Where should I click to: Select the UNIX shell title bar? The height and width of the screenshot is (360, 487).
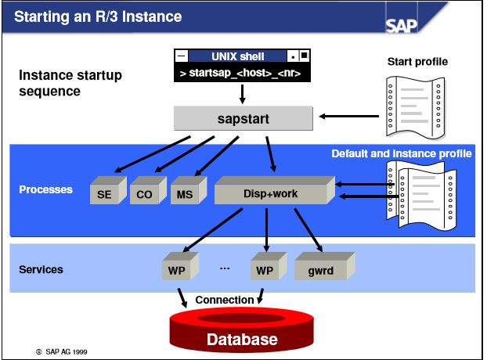point(242,56)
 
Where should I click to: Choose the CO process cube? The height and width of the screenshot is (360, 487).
point(145,192)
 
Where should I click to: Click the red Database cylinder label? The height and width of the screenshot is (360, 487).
point(241,339)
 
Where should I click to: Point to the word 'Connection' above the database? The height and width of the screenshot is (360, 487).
point(225,300)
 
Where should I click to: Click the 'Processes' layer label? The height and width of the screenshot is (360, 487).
point(45,189)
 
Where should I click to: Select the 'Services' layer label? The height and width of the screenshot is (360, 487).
point(41,269)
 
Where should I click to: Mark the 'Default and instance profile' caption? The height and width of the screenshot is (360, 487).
point(402,153)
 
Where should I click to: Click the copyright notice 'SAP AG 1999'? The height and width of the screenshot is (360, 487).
point(62,352)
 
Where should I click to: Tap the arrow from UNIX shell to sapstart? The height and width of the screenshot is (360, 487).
point(242,95)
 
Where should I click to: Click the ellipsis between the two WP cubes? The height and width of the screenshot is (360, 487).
point(225,268)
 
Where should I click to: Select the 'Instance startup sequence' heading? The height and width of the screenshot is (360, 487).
point(70,84)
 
